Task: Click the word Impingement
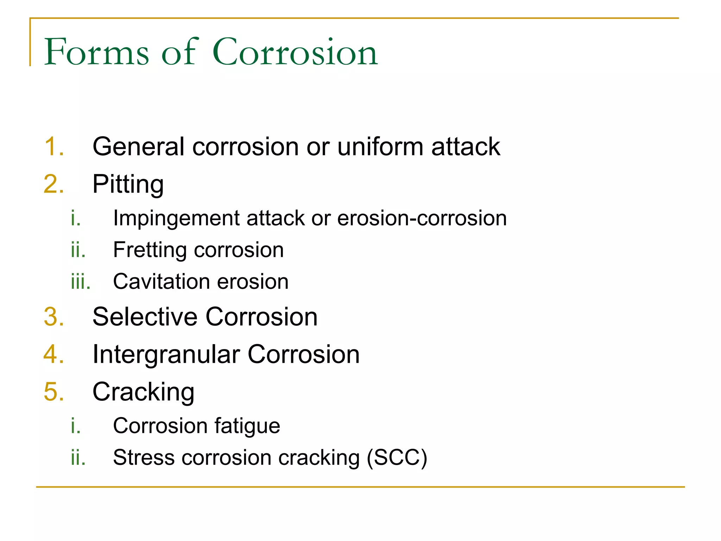176,218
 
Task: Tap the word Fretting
149,250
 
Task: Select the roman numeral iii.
80,281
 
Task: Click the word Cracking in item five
143,392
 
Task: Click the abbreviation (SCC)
397,458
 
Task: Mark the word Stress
144,458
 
